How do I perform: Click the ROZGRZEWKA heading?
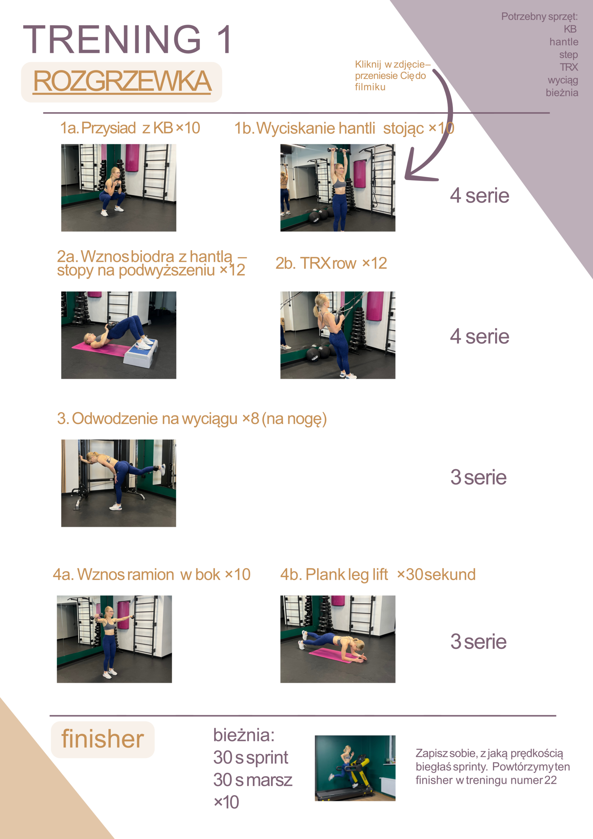pyautogui.click(x=122, y=81)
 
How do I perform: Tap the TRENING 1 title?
pyautogui.click(x=127, y=39)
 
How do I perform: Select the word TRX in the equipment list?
pyautogui.click(x=569, y=67)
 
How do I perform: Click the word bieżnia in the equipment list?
pyautogui.click(x=562, y=92)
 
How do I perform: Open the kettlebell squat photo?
pyautogui.click(x=119, y=187)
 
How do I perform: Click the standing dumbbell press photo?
pyautogui.click(x=338, y=187)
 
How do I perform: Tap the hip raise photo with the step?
pyautogui.click(x=119, y=335)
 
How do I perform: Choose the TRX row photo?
pyautogui.click(x=338, y=335)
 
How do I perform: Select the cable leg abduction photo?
pyautogui.click(x=119, y=483)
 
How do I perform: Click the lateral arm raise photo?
pyautogui.click(x=114, y=639)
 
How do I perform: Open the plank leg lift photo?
pyautogui.click(x=338, y=639)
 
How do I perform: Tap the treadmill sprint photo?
pyautogui.click(x=355, y=768)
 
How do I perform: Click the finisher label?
pyautogui.click(x=103, y=739)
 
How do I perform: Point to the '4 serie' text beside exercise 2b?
pyautogui.click(x=479, y=336)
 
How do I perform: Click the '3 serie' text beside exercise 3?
pyautogui.click(x=479, y=477)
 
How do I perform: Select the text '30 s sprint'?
pyautogui.click(x=251, y=757)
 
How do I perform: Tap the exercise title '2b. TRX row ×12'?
pyautogui.click(x=331, y=263)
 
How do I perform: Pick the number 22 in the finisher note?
pyautogui.click(x=551, y=780)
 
